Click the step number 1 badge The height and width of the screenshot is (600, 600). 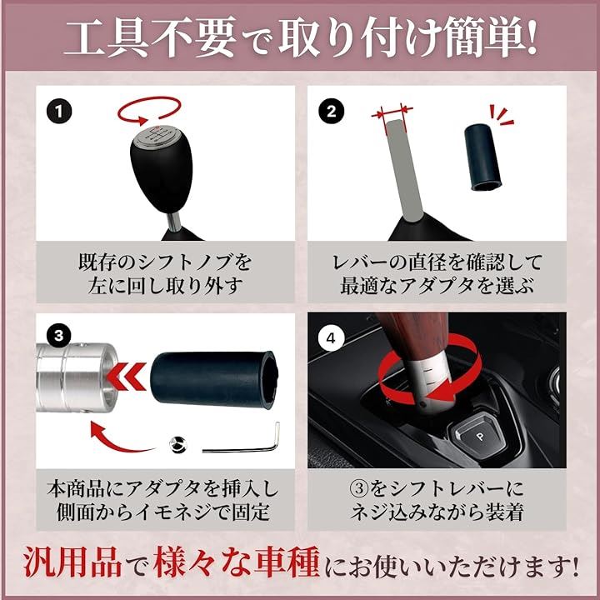point(59,112)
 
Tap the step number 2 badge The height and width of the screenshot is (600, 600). point(332,112)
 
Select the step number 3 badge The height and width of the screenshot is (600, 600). point(59,336)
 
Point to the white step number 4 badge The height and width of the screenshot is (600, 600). point(331,338)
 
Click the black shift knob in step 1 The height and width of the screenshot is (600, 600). point(162,168)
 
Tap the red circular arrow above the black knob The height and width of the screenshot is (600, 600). point(149,110)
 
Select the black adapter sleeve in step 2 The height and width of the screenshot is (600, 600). point(482,157)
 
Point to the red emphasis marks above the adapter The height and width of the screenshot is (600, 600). point(500,115)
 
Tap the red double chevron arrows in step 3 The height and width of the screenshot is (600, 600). point(126,377)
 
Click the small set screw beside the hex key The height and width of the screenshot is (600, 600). point(177,444)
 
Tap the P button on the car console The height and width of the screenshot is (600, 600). point(479,437)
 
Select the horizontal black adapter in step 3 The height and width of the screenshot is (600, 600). point(213,380)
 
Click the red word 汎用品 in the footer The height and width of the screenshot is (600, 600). point(73,562)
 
